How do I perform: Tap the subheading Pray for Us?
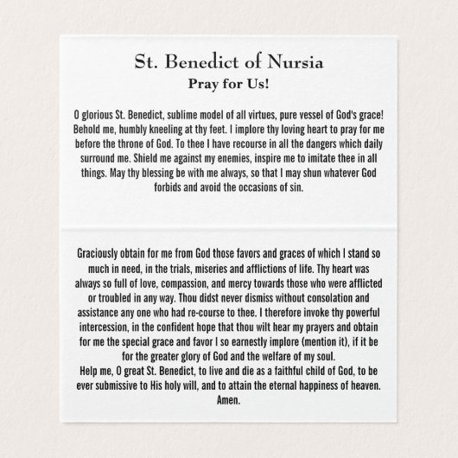coord(229,84)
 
